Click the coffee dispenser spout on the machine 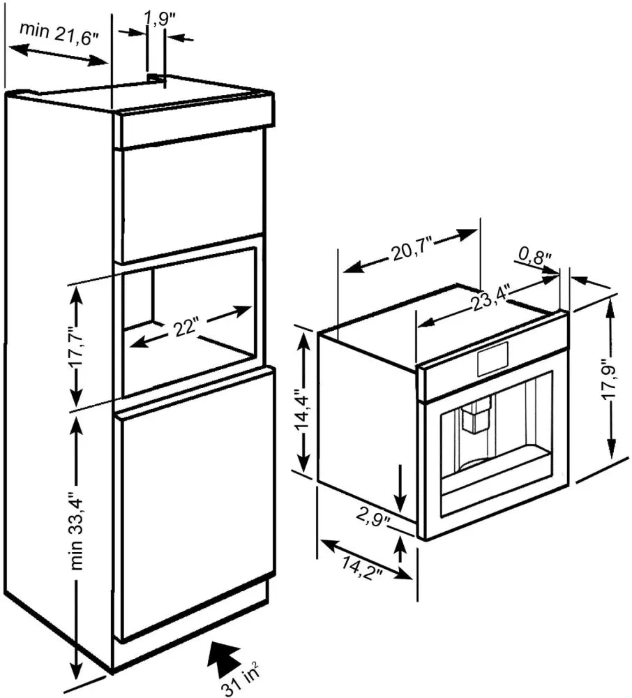[x=476, y=417]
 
